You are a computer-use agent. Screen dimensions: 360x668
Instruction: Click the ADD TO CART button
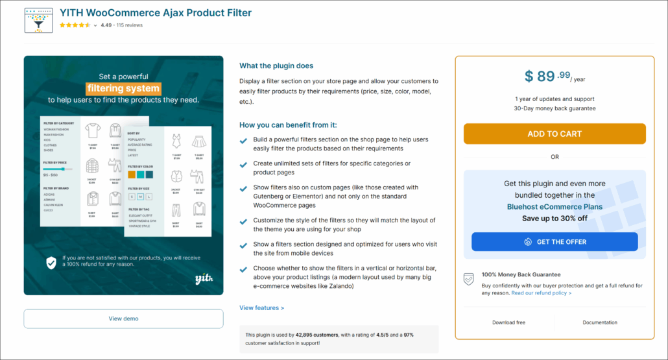555,134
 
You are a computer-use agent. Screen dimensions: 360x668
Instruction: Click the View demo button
123,318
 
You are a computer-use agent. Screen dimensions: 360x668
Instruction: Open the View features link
261,308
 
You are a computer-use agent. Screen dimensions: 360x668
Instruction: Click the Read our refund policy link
541,293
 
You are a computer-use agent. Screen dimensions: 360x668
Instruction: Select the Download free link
508,322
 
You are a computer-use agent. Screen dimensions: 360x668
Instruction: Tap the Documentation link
600,322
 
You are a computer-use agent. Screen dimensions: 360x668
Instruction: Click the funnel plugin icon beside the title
38,20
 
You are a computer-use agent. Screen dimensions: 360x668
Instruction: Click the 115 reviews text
130,25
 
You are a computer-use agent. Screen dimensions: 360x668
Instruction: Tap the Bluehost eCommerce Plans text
555,207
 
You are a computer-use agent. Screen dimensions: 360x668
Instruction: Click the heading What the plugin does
276,66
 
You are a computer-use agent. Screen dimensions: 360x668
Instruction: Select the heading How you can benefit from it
288,125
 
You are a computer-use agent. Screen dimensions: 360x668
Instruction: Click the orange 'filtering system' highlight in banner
123,88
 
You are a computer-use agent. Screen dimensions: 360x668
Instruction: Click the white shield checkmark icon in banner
51,262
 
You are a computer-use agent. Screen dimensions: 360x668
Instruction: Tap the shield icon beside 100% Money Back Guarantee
468,279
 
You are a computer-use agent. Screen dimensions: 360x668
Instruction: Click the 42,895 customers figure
316,335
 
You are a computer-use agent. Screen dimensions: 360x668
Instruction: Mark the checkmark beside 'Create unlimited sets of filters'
243,165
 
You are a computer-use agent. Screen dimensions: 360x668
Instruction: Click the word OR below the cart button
555,157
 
